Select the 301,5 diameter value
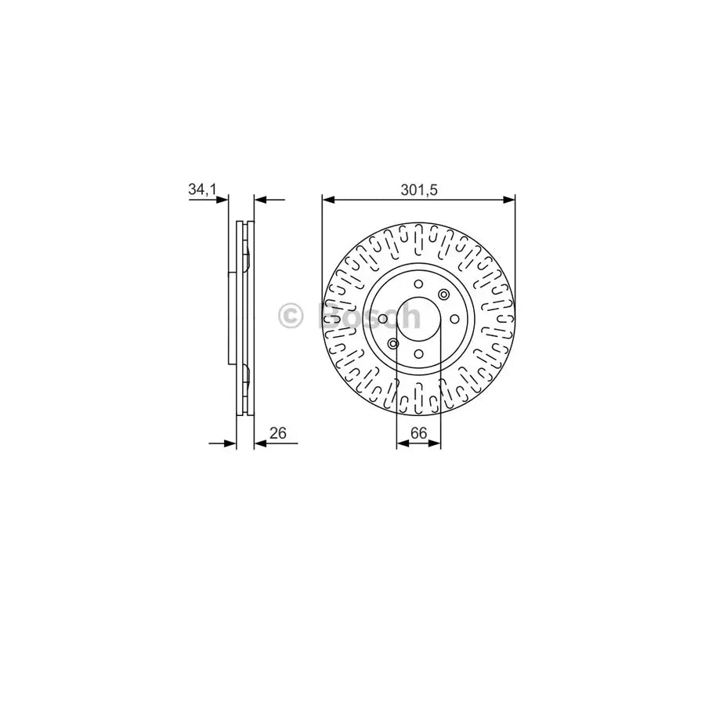pyautogui.click(x=418, y=189)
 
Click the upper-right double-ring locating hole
pyautogui.click(x=444, y=295)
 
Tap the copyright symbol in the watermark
pyautogui.click(x=291, y=316)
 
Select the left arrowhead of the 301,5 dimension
pyautogui.click(x=327, y=200)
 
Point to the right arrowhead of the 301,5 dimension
pyautogui.click(x=509, y=200)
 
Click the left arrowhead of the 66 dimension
pyautogui.click(x=402, y=443)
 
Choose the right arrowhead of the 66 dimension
pyautogui.click(x=436, y=443)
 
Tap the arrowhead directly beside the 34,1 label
pyautogui.click(x=224, y=200)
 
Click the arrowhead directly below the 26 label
pyautogui.click(x=260, y=443)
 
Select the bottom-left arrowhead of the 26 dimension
pyautogui.click(x=231, y=443)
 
